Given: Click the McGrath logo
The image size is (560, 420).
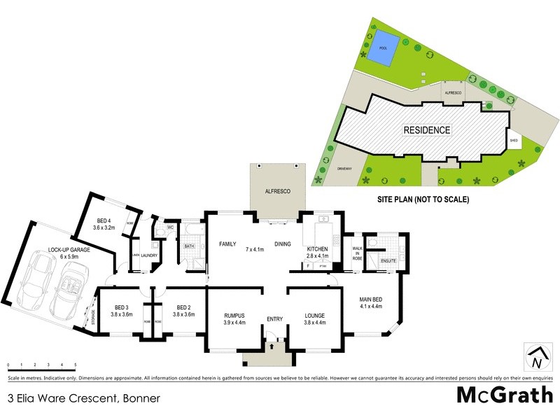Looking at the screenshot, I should [505, 395].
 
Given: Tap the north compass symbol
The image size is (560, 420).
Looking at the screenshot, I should [536, 357].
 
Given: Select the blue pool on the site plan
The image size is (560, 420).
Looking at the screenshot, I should [383, 48].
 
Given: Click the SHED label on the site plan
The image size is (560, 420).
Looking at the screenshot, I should [514, 141].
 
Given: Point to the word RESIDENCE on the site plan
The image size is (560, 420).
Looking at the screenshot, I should [426, 130].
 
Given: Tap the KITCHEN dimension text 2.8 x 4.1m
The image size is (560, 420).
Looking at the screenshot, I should [318, 258].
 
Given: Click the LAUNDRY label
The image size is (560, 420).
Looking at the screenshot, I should [148, 255].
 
